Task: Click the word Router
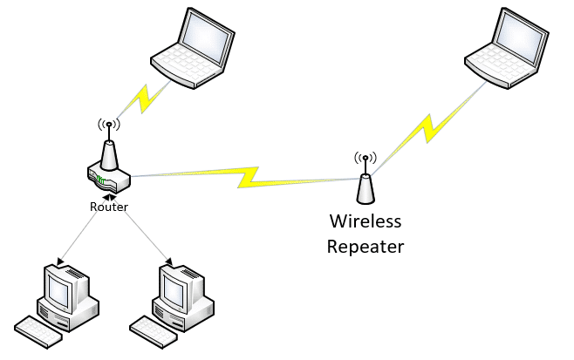(x=109, y=207)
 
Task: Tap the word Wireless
(x=366, y=221)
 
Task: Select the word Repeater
(x=366, y=247)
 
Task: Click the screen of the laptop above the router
(x=207, y=37)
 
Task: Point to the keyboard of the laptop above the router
(x=186, y=65)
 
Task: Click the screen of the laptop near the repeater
(x=521, y=37)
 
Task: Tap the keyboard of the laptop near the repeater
(x=500, y=65)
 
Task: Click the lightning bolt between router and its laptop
(x=146, y=98)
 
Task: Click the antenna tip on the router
(x=109, y=125)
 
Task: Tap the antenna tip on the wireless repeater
(x=365, y=158)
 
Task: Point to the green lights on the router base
(x=100, y=180)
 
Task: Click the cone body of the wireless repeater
(x=366, y=189)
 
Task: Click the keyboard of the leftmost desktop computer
(x=36, y=332)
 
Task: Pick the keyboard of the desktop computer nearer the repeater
(x=151, y=332)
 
